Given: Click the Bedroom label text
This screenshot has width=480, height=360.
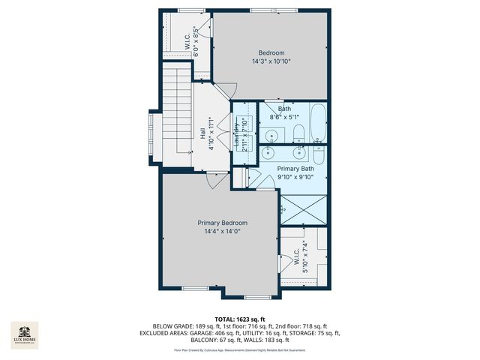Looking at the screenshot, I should click(x=271, y=52).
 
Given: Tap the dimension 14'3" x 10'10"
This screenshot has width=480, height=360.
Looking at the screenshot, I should click(x=271, y=61).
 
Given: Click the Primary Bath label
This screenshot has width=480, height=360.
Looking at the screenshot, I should click(x=295, y=169).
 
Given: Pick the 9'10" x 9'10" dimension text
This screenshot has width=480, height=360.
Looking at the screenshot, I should click(x=295, y=178).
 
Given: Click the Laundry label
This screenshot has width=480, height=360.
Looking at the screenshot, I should click(x=236, y=133).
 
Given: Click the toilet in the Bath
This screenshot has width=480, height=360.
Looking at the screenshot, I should click(x=298, y=134).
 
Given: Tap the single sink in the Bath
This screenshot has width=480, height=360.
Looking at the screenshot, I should click(x=272, y=136).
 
